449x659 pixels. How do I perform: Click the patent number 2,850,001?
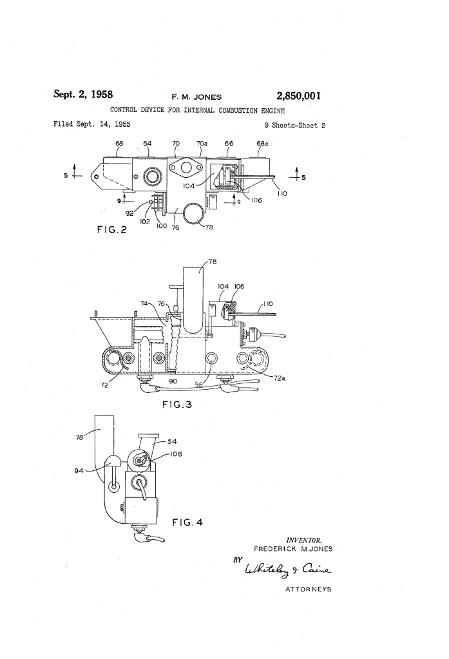(x=298, y=96)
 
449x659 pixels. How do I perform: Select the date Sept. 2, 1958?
(x=83, y=93)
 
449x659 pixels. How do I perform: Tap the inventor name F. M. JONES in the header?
(x=196, y=97)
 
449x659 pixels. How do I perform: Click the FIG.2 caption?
(x=112, y=229)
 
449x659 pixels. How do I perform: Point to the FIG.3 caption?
(x=177, y=405)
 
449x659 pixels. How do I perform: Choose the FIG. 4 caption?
(x=187, y=522)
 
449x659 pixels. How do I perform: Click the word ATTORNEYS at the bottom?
(x=309, y=589)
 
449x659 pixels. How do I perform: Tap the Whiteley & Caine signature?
(x=288, y=569)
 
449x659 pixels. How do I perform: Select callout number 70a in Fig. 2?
(x=202, y=143)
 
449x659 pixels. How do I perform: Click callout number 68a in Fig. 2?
(x=262, y=143)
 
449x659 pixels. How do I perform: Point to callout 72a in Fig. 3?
(x=280, y=378)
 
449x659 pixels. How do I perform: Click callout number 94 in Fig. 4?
(x=79, y=471)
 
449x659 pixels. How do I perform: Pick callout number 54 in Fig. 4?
(x=173, y=441)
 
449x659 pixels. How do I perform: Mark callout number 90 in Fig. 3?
(x=173, y=381)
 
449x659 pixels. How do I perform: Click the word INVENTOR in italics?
(x=304, y=540)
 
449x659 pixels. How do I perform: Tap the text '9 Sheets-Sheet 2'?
(x=294, y=125)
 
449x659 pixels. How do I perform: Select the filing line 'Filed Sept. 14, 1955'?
(x=91, y=124)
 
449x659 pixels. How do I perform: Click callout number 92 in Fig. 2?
(x=130, y=213)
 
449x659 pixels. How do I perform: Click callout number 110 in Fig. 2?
(x=282, y=193)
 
